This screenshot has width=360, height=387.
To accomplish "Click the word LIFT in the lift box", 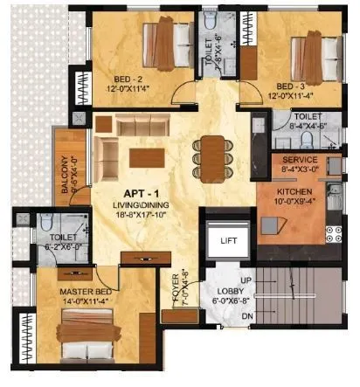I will [228, 239].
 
